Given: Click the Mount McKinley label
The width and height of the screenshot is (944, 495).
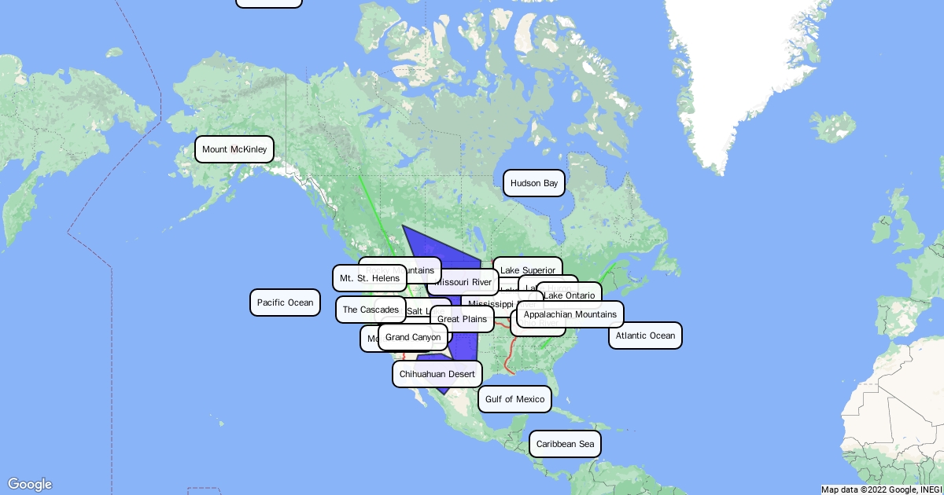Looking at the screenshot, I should coord(234,149).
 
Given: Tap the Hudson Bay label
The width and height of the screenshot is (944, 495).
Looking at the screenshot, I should coord(533,183).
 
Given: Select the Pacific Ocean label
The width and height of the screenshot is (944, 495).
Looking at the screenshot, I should coord(285,302).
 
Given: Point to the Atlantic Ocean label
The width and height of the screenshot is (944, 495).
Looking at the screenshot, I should coord(645,335).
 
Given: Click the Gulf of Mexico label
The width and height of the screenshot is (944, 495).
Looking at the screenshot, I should coord(514,399).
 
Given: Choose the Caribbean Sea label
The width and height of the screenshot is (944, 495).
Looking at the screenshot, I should coord(565,444).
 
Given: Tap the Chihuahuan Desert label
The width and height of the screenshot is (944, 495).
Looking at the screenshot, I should coord(437,374).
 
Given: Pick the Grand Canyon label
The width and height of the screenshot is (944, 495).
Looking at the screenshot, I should coord(413,337).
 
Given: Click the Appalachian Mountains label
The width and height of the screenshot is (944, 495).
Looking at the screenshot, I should coord(570,314).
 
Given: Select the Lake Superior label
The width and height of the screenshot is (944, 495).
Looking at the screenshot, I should coord(528,269).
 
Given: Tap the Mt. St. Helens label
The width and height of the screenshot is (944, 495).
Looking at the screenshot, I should coord(370,277).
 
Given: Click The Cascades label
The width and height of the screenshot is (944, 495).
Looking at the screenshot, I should coord(371,310).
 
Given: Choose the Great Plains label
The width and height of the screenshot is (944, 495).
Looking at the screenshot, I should coord(462,319).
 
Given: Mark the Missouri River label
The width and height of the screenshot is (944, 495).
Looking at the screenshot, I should coord(464,282).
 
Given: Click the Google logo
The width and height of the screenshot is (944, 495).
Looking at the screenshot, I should coord(30,484).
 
